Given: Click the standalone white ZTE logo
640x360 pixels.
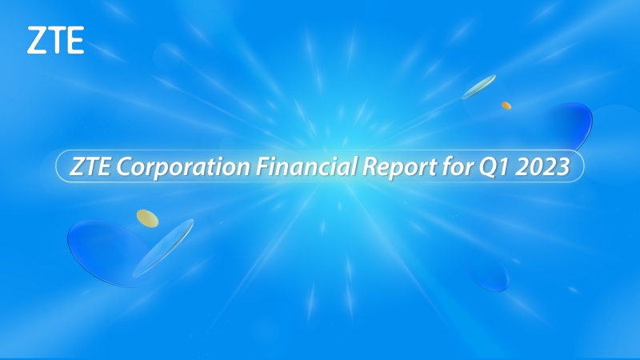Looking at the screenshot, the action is [x=55, y=40].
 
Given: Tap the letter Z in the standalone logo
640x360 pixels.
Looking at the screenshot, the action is [x=36, y=40].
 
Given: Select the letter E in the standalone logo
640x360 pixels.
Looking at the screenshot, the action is [x=75, y=40].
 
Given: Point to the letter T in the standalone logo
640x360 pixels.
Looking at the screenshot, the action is [x=56, y=40].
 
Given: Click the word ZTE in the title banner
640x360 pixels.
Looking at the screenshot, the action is [x=90, y=166].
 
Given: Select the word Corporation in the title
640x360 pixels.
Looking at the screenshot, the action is [x=183, y=167].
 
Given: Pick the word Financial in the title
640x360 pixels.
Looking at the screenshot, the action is [x=306, y=166].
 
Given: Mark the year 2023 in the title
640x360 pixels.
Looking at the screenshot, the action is [x=542, y=166].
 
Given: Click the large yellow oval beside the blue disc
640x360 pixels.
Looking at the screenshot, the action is [x=147, y=218].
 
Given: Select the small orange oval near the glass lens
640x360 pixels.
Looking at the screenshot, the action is [x=506, y=106].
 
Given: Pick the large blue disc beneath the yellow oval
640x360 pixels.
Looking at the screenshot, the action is [x=106, y=252].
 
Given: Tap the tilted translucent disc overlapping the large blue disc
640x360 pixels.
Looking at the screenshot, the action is [x=163, y=248].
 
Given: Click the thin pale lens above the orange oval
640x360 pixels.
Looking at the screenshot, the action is [x=478, y=87].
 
